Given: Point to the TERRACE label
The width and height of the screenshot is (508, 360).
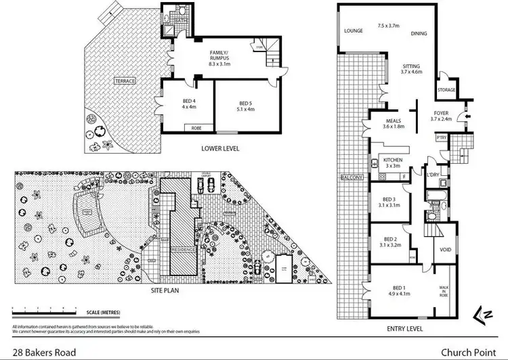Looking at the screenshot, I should coord(125,81).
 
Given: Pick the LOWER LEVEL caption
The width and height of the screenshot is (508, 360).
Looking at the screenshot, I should coord(220,148).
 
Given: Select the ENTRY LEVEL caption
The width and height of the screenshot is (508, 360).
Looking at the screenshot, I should coord(404,328).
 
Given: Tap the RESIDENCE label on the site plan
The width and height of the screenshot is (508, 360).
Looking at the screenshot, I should coord(183,249).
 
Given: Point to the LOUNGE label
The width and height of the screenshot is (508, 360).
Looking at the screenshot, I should coord(354,31).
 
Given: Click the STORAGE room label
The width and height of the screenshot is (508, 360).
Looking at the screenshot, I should coord(446,89).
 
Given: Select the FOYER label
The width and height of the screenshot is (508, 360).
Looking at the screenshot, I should coord(440,114).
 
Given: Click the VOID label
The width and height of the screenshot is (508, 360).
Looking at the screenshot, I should coord(446,250).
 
